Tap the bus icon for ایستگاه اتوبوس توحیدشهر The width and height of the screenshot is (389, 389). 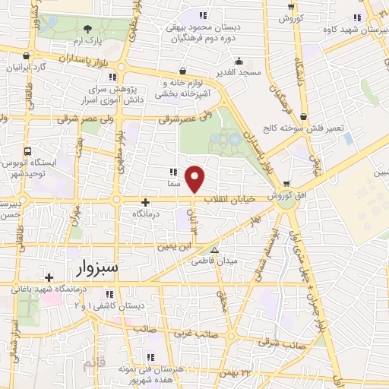(x=28, y=151)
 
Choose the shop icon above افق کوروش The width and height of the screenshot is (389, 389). (x=286, y=183)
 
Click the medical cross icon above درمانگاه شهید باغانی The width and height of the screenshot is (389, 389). (x=49, y=277)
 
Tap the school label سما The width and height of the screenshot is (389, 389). (x=174, y=184)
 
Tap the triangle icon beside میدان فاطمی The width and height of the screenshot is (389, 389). (x=214, y=250)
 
